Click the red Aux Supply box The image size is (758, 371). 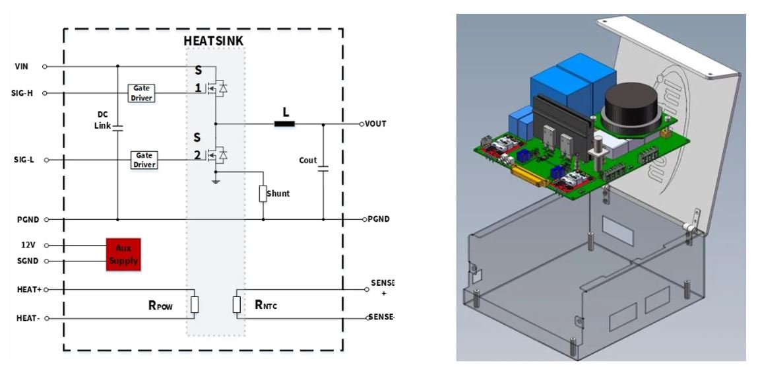(x=123, y=254)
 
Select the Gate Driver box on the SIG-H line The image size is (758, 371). (x=142, y=93)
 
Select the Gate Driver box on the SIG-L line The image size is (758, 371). (x=144, y=160)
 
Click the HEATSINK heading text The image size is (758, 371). (x=213, y=41)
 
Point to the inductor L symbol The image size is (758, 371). (x=285, y=123)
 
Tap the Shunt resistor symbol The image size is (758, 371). (x=263, y=193)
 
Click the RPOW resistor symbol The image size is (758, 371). (x=195, y=304)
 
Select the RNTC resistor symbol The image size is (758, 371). (x=237, y=304)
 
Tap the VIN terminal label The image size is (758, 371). (x=22, y=67)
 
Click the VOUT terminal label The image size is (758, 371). (x=375, y=124)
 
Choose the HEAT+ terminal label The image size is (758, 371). (x=28, y=289)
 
